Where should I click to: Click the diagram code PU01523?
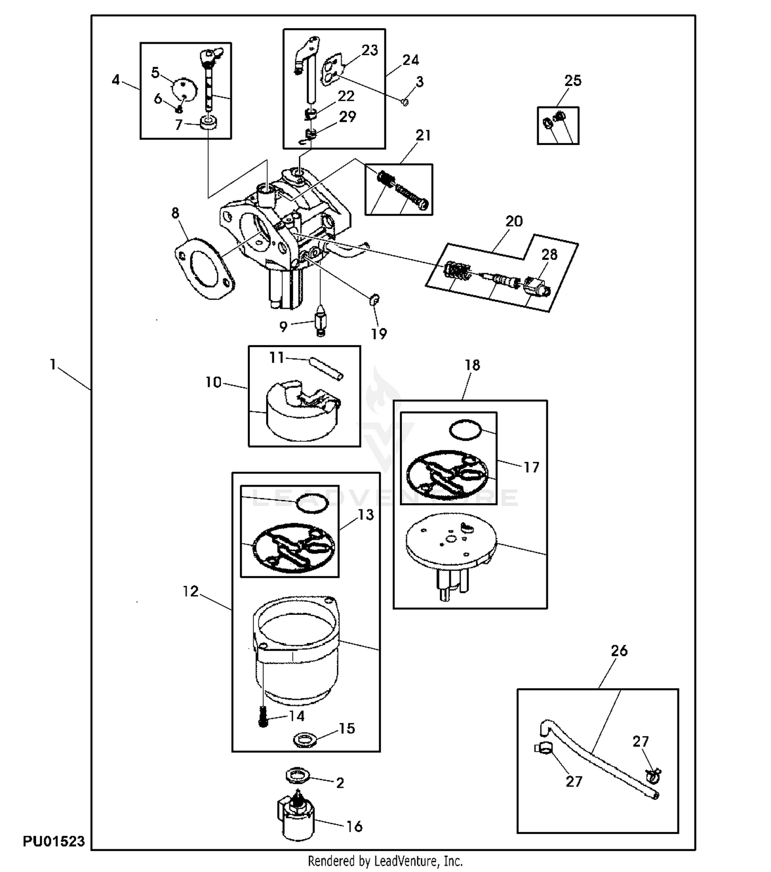point(53,842)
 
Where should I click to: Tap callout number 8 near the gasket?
point(175,213)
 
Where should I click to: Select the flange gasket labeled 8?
point(205,268)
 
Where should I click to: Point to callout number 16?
point(354,826)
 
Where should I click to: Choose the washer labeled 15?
point(304,740)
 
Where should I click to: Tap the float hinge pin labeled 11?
point(326,369)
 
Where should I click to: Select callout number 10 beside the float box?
point(213,382)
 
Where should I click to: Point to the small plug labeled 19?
point(374,298)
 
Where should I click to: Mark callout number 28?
point(549,254)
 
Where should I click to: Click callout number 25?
point(573,81)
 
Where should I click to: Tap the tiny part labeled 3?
point(405,102)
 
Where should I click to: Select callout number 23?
point(370,50)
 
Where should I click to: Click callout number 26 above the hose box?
point(619,651)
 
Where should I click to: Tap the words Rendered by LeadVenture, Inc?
point(385,861)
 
